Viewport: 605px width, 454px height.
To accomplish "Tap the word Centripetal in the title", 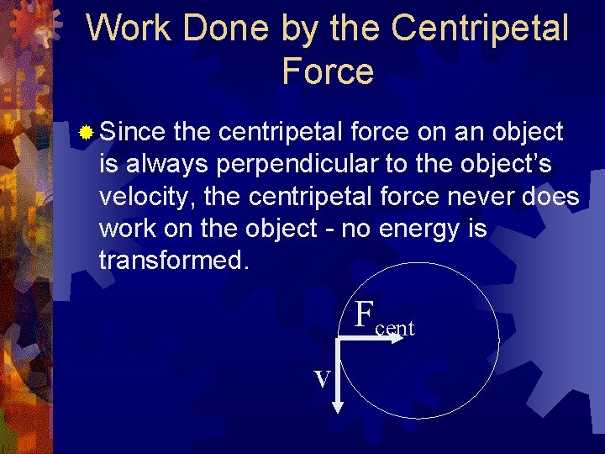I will pyautogui.click(x=480, y=29).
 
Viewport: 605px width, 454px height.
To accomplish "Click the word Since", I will pyautogui.click(x=134, y=132).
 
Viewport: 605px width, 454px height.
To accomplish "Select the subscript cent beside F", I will pyautogui.click(x=395, y=329).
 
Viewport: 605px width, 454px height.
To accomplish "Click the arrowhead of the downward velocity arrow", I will pyautogui.click(x=338, y=407).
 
